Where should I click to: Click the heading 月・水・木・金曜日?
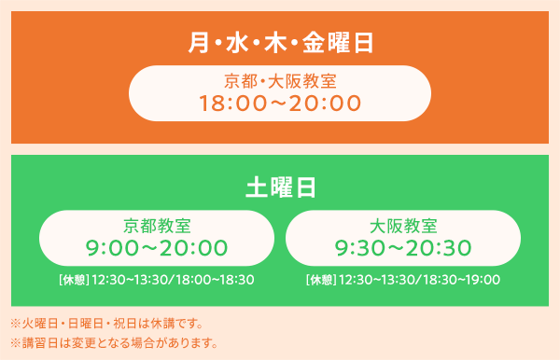(x=281, y=43)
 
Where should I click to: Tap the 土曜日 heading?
(x=281, y=187)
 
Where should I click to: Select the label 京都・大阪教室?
(x=280, y=81)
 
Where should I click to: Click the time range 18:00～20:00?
(x=280, y=104)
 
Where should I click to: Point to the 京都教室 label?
(x=157, y=226)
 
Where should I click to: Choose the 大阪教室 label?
(x=403, y=226)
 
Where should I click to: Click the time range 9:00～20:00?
(x=157, y=248)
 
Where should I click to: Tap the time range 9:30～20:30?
(x=403, y=248)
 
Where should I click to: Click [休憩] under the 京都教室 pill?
(x=74, y=280)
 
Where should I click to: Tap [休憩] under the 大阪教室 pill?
(x=321, y=280)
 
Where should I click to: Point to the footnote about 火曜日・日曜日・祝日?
(x=106, y=324)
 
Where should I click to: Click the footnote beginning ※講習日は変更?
(x=114, y=343)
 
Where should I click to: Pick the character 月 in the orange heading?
(x=199, y=43)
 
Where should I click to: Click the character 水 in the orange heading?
(x=237, y=43)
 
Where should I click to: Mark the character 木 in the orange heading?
(x=275, y=43)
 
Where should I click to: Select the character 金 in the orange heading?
(x=314, y=43)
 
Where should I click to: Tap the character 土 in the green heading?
(x=257, y=187)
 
